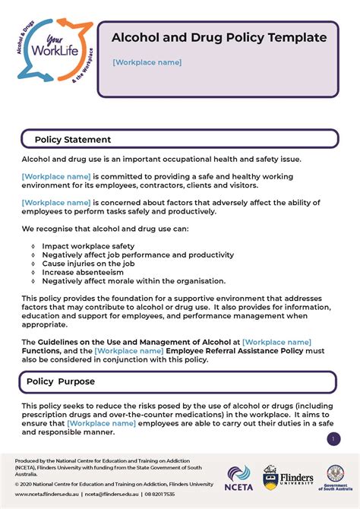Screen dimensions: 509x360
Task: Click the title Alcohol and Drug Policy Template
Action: [219, 37]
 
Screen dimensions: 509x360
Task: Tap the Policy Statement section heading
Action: [73, 140]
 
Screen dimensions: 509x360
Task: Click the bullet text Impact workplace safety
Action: [88, 246]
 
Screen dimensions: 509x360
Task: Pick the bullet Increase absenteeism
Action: [84, 272]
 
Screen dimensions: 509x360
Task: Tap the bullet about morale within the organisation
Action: [134, 280]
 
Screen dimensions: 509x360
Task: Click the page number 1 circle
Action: [333, 439]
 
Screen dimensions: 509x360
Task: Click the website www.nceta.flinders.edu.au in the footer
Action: [46, 494]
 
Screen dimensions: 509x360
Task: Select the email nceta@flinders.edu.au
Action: [111, 494]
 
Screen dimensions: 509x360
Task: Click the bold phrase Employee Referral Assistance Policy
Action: [235, 351]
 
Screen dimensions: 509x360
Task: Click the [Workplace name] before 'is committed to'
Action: [56, 176]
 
